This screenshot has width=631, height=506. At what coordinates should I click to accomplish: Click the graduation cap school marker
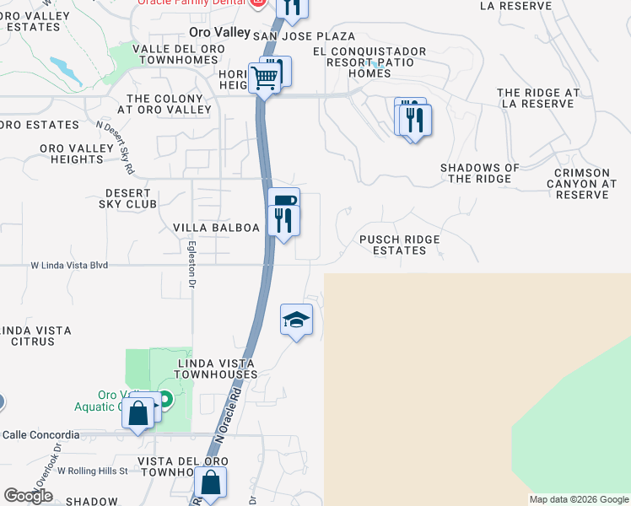pyautogui.click(x=296, y=320)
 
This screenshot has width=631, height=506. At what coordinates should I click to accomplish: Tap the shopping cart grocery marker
pyautogui.click(x=265, y=78)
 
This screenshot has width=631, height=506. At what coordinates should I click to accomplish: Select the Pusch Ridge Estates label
pyautogui.click(x=399, y=245)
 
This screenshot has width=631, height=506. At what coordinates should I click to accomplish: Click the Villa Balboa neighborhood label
pyautogui.click(x=216, y=228)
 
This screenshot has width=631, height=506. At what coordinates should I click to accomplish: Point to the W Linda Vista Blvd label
pyautogui.click(x=69, y=265)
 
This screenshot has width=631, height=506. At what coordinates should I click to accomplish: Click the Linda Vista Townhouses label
pyautogui.click(x=217, y=369)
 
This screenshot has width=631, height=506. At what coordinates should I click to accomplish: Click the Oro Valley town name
pyautogui.click(x=219, y=32)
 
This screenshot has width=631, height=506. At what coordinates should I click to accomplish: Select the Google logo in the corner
pyautogui.click(x=28, y=496)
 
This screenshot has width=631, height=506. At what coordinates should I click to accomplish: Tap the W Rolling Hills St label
pyautogui.click(x=89, y=471)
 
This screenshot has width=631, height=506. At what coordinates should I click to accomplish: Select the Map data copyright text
pyautogui.click(x=579, y=499)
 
